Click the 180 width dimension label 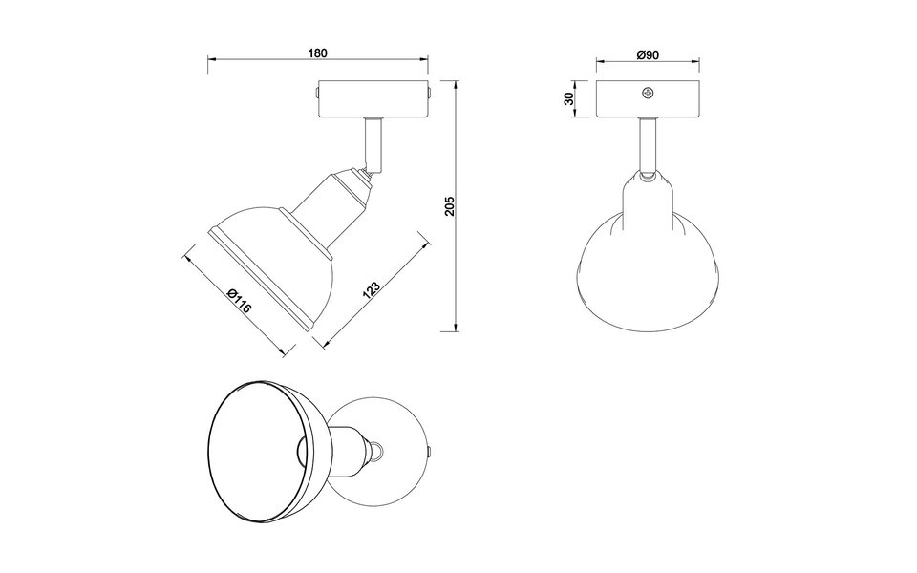click(318, 53)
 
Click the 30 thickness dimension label click(569, 99)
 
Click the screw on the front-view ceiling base click(649, 93)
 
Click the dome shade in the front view click(649, 258)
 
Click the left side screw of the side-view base click(316, 94)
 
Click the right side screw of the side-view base click(431, 94)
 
